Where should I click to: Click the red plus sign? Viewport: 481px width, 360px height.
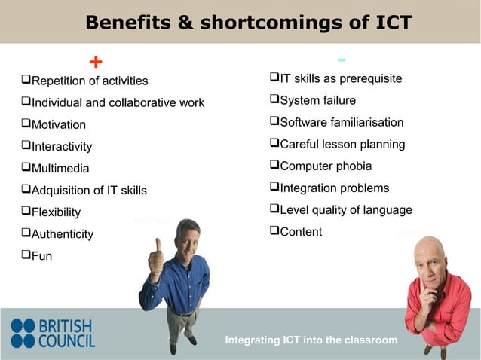(96, 61)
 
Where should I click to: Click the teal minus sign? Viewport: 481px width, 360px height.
(342, 59)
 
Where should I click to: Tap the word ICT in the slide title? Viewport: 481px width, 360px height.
(390, 23)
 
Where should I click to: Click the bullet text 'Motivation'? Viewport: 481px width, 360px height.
(58, 124)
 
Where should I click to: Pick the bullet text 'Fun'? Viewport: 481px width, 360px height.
(41, 256)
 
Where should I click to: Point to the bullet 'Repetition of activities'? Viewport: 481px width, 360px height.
(89, 81)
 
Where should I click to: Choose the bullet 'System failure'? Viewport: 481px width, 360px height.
(317, 100)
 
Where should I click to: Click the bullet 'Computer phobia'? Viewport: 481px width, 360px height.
(325, 166)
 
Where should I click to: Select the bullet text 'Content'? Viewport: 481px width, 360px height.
(301, 232)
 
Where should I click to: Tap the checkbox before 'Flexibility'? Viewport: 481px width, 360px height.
(26, 212)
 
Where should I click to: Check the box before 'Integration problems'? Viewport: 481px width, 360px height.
(274, 187)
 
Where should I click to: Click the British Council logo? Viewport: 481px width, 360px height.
(53, 333)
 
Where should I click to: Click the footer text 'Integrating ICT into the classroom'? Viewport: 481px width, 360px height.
(311, 340)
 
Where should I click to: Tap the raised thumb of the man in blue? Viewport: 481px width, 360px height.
(157, 247)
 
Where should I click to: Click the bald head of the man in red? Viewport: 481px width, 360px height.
(429, 251)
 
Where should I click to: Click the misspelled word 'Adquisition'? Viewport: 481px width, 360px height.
(62, 191)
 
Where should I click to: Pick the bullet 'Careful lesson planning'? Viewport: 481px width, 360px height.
(342, 144)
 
